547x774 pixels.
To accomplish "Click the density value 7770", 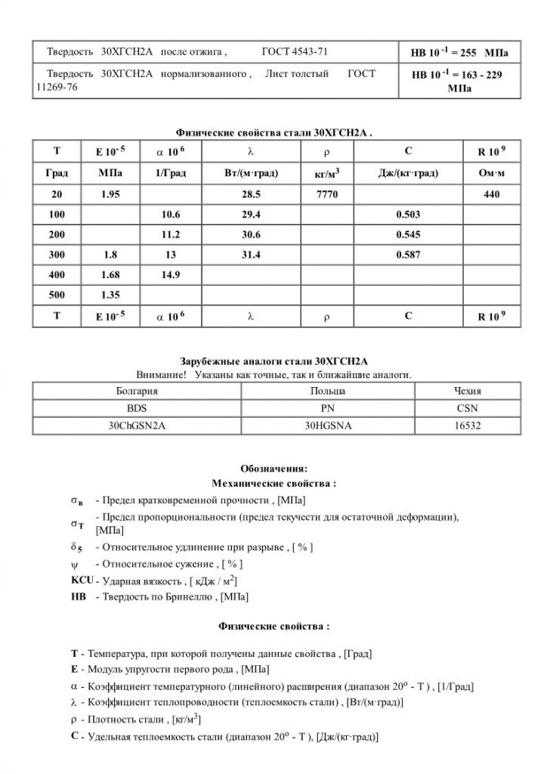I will pos(330,195).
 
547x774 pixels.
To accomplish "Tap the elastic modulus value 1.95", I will pos(109,195).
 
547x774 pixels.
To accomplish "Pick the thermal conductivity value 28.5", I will pos(249,195).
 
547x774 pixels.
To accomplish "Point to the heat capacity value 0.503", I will pos(408,215).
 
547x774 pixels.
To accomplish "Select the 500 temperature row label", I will pos(57,294).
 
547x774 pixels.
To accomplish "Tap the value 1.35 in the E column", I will pos(109,294).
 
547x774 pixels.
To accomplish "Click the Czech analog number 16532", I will pos(464,426).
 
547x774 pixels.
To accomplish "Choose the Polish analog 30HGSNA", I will pos(327,426).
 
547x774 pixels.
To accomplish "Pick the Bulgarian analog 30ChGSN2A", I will pos(137,426).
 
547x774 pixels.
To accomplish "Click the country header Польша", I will pos(327,391).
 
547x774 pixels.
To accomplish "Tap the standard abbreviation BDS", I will pos(137,408).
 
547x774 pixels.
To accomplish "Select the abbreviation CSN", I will pos(464,408).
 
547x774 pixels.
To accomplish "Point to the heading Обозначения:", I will pos(273,468).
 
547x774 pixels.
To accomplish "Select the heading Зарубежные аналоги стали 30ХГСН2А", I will pos(273,361).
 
